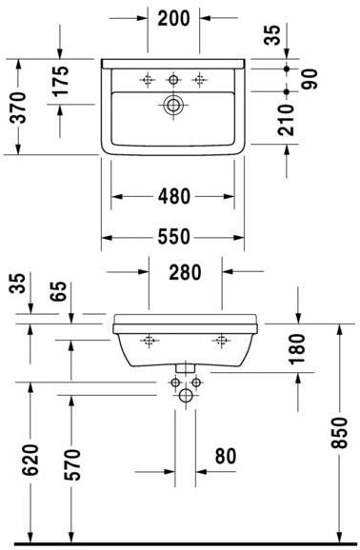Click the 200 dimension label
tap(172, 18)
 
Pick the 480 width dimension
tap(172, 197)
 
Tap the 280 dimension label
tap(185, 272)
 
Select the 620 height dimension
tap(30, 461)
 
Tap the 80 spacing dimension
tap(225, 457)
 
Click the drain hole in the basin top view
tap(172, 107)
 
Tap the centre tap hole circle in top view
tap(173, 80)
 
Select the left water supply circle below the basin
tap(175, 384)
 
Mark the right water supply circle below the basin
tap(196, 384)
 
